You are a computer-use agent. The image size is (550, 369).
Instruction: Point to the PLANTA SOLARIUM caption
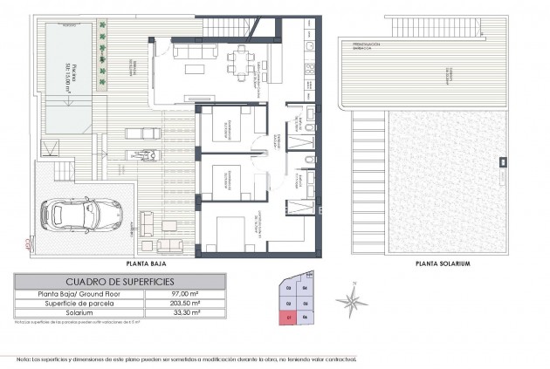click(443, 262)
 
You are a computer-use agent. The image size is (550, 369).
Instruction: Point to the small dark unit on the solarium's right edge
click(502, 161)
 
